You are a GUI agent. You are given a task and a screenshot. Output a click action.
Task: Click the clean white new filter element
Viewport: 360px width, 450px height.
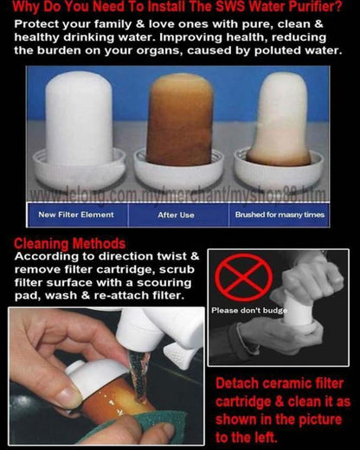click(x=79, y=119)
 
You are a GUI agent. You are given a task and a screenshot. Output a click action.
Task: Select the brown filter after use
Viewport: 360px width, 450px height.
click(x=179, y=119)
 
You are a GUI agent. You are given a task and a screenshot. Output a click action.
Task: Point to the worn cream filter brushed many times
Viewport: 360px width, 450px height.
click(x=280, y=119)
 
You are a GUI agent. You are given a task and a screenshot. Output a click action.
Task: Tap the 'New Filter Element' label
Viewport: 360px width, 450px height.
click(x=76, y=215)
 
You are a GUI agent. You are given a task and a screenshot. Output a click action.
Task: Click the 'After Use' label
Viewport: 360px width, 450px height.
click(x=176, y=215)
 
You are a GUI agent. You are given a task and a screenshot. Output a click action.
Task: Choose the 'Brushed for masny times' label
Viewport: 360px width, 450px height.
click(x=280, y=215)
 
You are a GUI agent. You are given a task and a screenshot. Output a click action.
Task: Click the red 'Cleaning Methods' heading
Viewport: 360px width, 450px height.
click(x=69, y=244)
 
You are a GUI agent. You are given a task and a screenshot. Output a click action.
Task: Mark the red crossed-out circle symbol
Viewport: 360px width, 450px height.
click(x=244, y=277)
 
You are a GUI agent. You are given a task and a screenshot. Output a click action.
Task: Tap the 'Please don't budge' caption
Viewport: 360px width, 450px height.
click(x=249, y=311)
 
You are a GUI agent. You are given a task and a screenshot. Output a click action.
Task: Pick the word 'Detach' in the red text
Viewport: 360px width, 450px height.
click(x=237, y=384)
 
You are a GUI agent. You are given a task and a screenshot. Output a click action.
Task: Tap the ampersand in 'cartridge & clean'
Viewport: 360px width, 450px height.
click(x=280, y=402)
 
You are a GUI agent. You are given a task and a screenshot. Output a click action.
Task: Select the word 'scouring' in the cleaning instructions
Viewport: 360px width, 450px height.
click(x=164, y=283)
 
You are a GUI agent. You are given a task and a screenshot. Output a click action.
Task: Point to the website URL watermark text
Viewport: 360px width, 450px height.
click(x=178, y=196)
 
